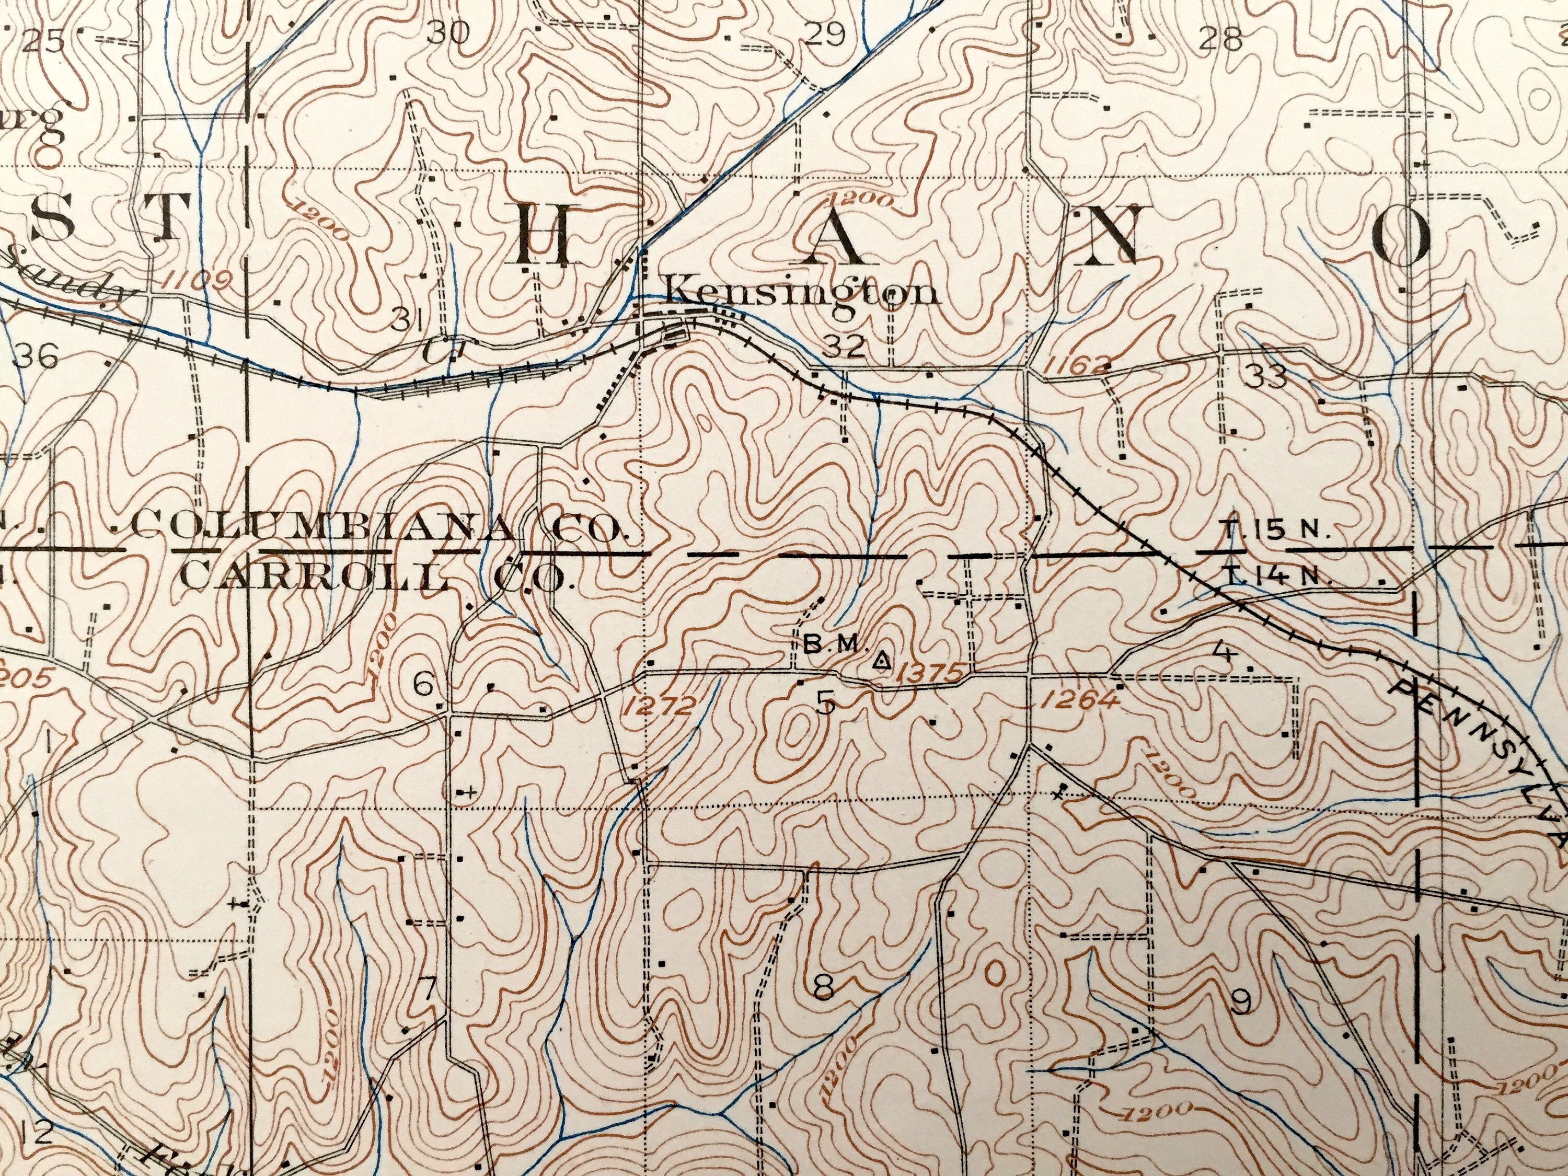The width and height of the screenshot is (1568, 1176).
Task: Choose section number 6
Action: click(x=423, y=685)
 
